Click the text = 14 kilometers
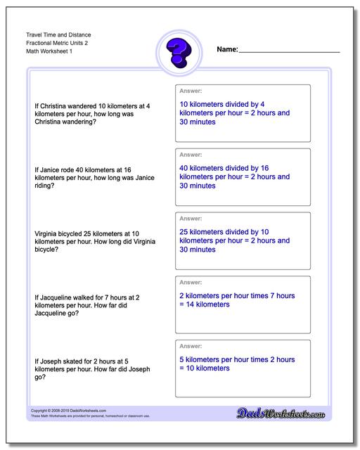tap(211, 304)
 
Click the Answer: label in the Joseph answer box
tap(191, 345)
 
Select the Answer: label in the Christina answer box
tap(191, 91)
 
